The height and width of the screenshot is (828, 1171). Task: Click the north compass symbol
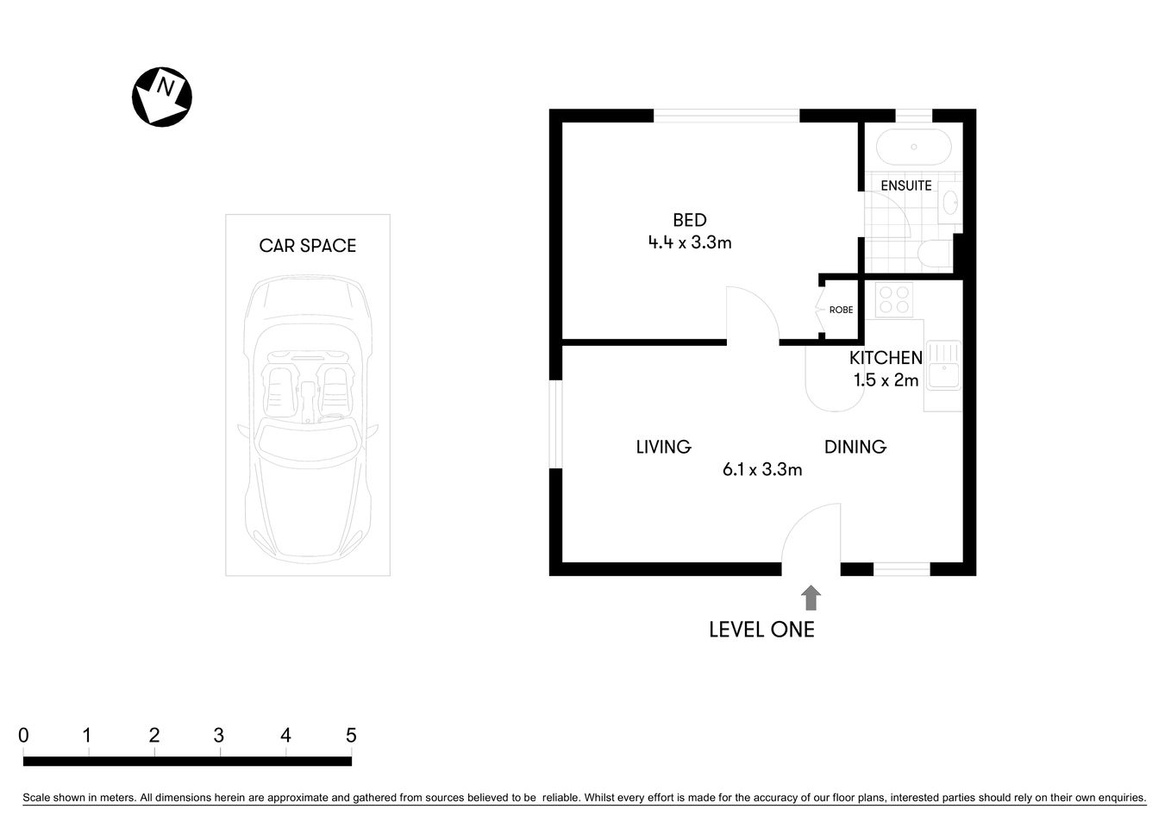pos(161,97)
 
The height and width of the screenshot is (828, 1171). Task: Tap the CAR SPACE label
pos(307,246)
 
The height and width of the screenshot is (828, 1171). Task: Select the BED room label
pos(689,220)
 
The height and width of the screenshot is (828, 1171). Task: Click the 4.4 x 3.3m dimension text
pos(689,243)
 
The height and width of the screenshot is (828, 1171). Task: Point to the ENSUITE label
pos(905,185)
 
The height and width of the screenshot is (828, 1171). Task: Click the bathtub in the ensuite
pos(913,147)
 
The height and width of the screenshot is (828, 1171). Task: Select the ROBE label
pos(841,310)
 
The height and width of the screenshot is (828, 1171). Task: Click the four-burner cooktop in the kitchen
pos(893,299)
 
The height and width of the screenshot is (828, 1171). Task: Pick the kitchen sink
pos(943,366)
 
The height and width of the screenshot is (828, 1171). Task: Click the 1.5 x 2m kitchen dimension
pos(886,380)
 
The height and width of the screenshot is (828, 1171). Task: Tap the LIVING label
pos(663,447)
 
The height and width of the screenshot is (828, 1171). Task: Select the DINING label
pos(855,447)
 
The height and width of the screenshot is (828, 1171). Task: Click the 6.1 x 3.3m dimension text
pos(762,470)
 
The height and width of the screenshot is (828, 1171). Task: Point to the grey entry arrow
pos(811,598)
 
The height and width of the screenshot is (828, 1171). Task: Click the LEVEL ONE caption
pos(761,630)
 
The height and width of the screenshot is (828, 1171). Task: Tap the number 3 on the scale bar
pos(219,736)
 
